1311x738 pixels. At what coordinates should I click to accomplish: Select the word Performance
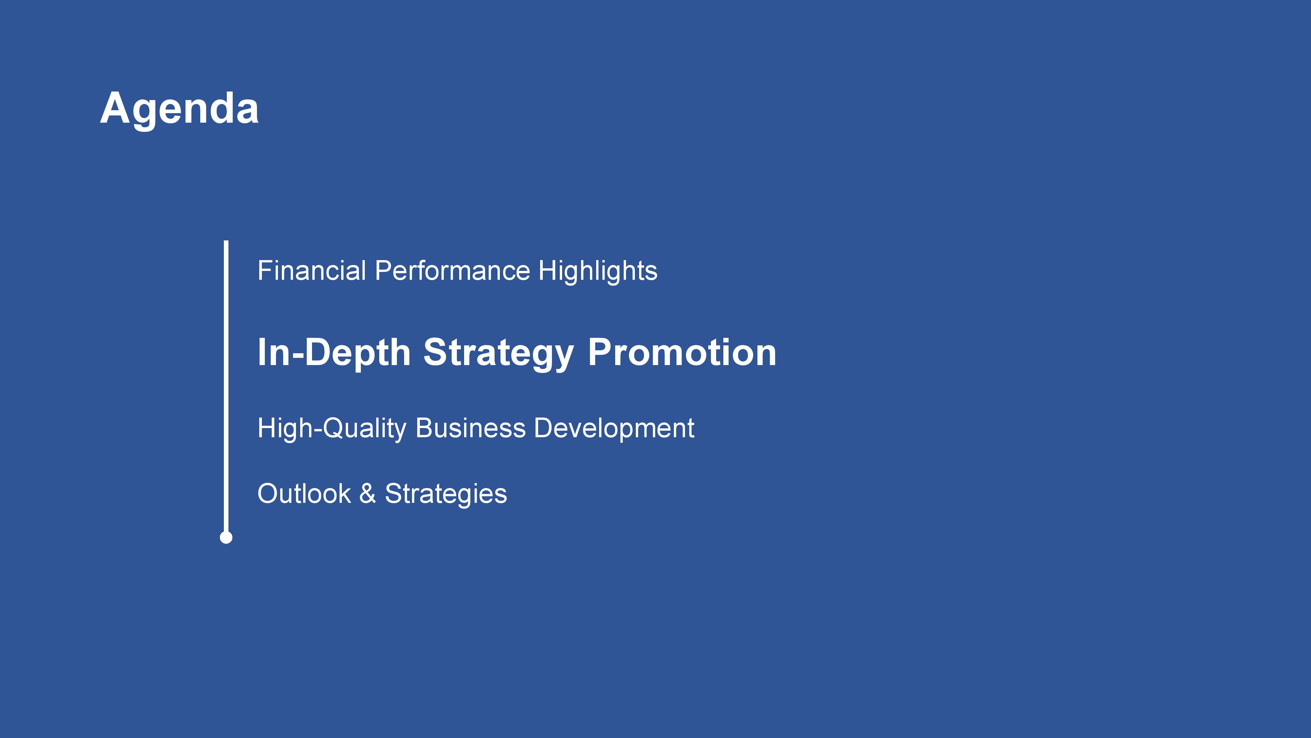(x=452, y=271)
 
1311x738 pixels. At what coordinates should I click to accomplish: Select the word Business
(x=471, y=428)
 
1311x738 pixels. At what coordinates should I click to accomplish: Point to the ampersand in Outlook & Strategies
(x=367, y=494)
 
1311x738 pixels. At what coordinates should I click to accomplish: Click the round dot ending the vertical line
(x=226, y=537)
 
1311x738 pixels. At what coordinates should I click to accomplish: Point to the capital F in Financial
(x=266, y=271)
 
